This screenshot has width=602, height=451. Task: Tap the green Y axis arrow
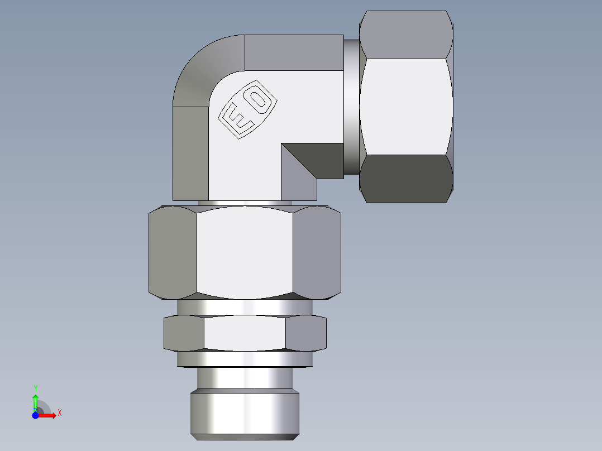[x=35, y=399]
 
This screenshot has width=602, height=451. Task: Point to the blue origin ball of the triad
[x=35, y=415]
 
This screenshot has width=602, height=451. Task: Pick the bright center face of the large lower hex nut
[x=245, y=251]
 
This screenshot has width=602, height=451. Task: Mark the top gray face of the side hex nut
[x=406, y=35]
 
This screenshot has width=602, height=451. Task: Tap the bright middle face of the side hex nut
[x=406, y=106]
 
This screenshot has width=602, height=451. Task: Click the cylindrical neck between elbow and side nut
[x=351, y=106]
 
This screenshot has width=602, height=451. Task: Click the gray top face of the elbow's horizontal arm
[x=294, y=52]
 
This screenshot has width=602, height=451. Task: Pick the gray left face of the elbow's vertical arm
[x=190, y=153]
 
